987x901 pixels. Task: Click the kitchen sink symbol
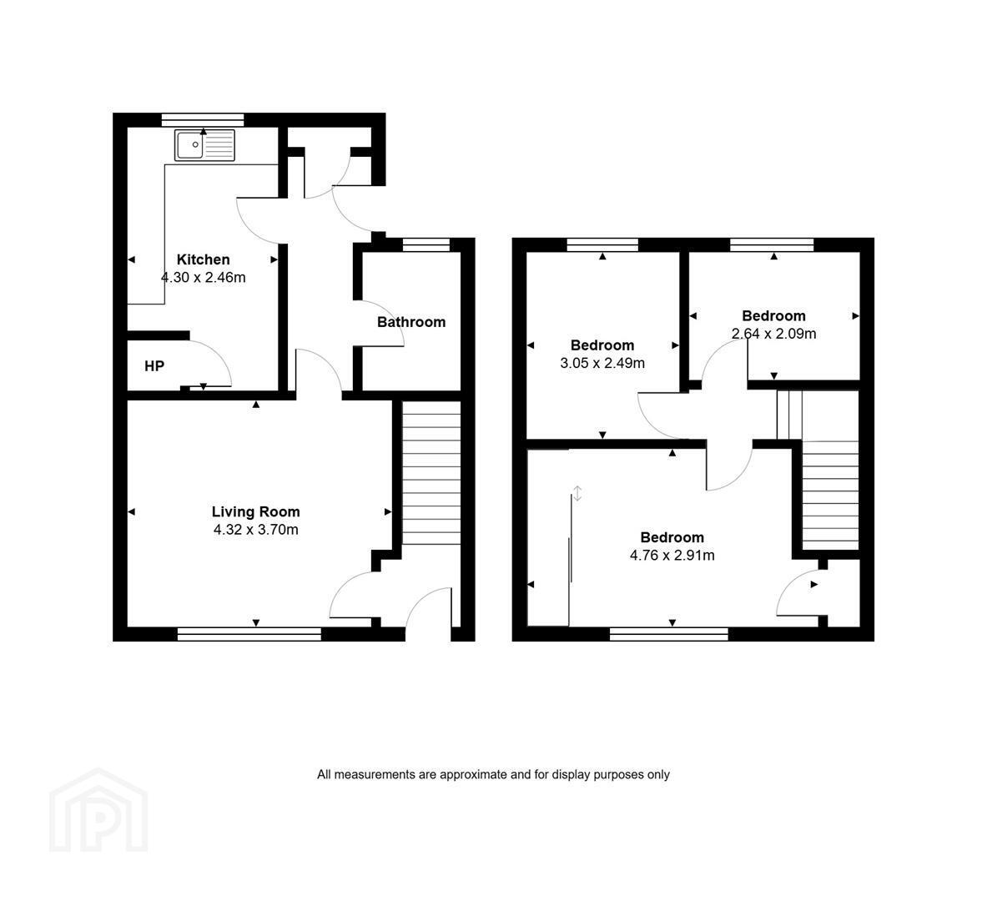point(204,145)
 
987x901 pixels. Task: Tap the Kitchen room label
point(204,259)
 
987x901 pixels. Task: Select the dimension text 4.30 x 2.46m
point(204,277)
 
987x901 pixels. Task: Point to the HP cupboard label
point(154,365)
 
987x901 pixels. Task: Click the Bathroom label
point(411,322)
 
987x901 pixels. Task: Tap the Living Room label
point(255,512)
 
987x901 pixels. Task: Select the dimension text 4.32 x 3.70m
point(255,530)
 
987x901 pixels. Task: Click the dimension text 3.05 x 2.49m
point(602,363)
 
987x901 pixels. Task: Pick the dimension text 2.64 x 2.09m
point(773,333)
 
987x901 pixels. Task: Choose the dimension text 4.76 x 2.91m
point(672,556)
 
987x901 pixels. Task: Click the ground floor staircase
point(431,473)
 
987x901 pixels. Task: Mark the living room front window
point(249,634)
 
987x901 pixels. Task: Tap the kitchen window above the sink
point(203,119)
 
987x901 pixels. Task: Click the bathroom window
point(426,245)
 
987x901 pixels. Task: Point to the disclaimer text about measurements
point(493,774)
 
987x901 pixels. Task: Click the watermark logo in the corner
point(98,810)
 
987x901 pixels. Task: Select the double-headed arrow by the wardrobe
point(578,494)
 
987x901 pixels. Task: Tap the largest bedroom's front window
point(669,634)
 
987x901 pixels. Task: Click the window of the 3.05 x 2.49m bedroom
point(602,245)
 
